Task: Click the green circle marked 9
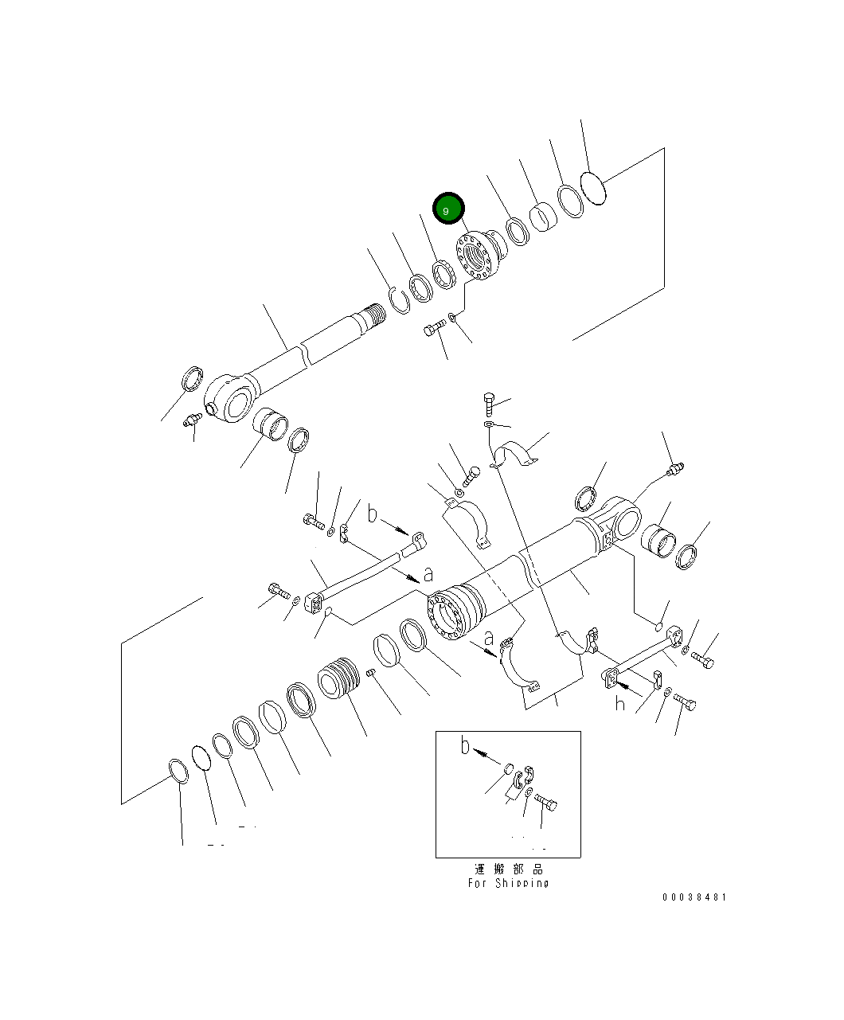[x=447, y=209]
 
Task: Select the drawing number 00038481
[x=694, y=897]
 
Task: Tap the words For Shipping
[x=508, y=883]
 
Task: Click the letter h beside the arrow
[x=619, y=704]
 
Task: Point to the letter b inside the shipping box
[x=466, y=747]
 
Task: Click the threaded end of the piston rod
[x=373, y=318]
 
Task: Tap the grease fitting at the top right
[x=676, y=470]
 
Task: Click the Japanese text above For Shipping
[x=508, y=869]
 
